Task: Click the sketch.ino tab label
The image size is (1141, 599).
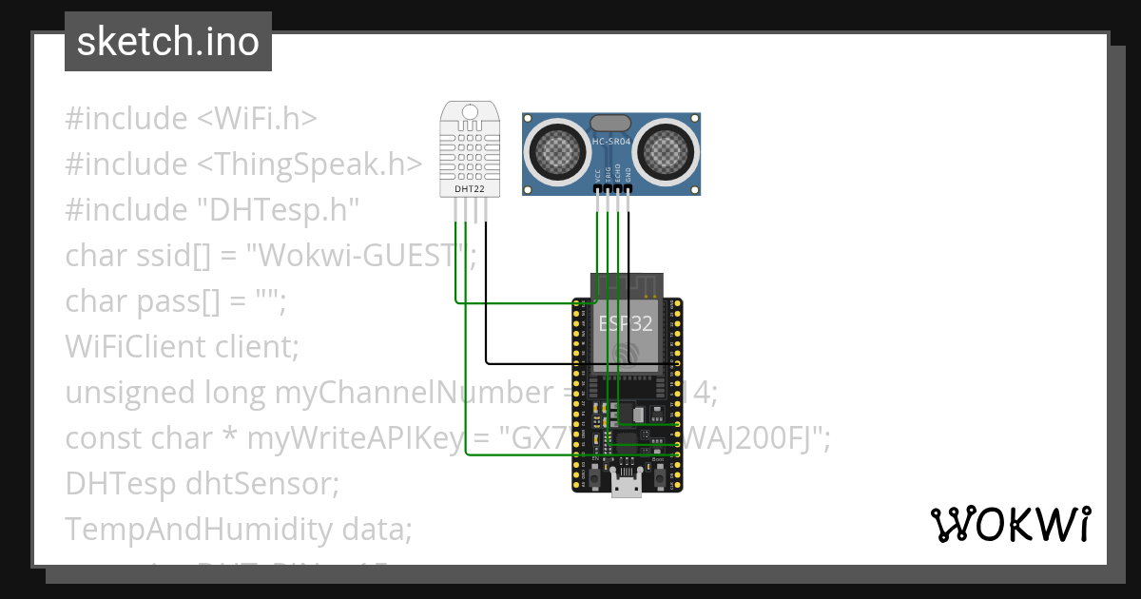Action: [x=167, y=42]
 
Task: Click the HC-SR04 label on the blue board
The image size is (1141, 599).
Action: [x=611, y=142]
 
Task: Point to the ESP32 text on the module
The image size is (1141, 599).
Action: [x=625, y=323]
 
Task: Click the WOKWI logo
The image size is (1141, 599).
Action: [x=1010, y=524]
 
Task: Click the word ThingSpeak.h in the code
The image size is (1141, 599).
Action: [x=314, y=164]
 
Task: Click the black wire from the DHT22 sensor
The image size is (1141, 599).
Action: [x=486, y=314]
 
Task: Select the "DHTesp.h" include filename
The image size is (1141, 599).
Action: [x=280, y=210]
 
